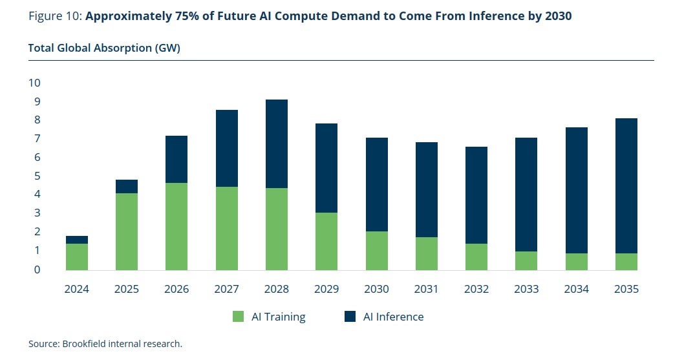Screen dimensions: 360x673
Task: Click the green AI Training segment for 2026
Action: (176, 226)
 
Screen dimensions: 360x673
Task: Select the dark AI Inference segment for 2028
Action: (277, 143)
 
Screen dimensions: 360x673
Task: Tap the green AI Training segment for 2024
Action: (77, 257)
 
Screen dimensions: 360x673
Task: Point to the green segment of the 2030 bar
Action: (377, 250)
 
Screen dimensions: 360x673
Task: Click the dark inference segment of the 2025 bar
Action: (127, 186)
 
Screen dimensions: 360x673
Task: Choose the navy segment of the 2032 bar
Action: (477, 195)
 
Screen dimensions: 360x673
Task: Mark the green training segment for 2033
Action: (527, 260)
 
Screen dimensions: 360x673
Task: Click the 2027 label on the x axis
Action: (227, 289)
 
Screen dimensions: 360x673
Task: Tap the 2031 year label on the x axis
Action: (427, 289)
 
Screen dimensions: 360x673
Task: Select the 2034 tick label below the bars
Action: (577, 289)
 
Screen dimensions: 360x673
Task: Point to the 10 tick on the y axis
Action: (34, 83)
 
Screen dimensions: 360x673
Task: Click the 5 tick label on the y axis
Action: (37, 176)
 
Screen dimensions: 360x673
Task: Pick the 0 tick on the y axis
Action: (37, 269)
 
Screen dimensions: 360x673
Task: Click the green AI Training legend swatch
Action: (239, 317)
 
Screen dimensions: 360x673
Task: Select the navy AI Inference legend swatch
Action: (351, 317)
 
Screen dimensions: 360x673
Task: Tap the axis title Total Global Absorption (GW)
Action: (104, 48)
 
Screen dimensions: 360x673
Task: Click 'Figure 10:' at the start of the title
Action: (55, 16)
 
